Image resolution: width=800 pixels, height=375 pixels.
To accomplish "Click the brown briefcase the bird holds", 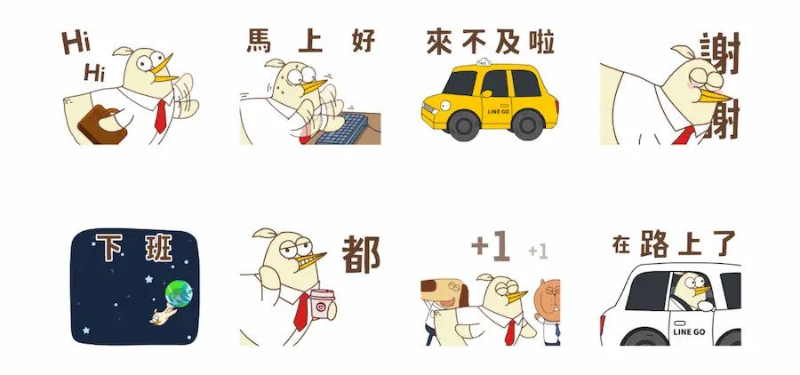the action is pyautogui.click(x=101, y=125).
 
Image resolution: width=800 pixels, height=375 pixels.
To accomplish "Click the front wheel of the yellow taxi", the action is pyautogui.click(x=463, y=125).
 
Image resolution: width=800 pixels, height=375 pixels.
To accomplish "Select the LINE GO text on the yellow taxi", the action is pyautogui.click(x=499, y=111).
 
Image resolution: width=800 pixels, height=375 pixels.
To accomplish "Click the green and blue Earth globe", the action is pyautogui.click(x=179, y=293).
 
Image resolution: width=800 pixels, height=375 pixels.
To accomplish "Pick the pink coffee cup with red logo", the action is pyautogui.click(x=323, y=304).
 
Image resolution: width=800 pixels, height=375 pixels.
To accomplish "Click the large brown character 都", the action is pyautogui.click(x=361, y=254).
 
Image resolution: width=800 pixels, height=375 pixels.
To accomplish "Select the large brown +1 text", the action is pyautogui.click(x=491, y=246).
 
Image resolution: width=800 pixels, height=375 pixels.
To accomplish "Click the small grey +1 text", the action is pyautogui.click(x=538, y=251).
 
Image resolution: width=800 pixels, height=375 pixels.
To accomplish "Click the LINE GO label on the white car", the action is pyautogui.click(x=689, y=331).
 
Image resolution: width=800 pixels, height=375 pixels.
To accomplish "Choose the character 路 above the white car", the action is pyautogui.click(x=654, y=243).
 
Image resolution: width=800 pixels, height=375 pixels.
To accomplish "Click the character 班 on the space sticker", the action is pyautogui.click(x=159, y=247).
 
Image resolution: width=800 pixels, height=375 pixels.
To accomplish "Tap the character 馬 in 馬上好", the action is pyautogui.click(x=260, y=41).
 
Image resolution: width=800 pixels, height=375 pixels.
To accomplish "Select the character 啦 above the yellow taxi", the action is pyautogui.click(x=541, y=42).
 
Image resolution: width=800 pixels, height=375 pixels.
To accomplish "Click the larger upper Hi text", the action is pyautogui.click(x=76, y=43).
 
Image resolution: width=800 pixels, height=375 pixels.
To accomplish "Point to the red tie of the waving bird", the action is pyautogui.click(x=161, y=116).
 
